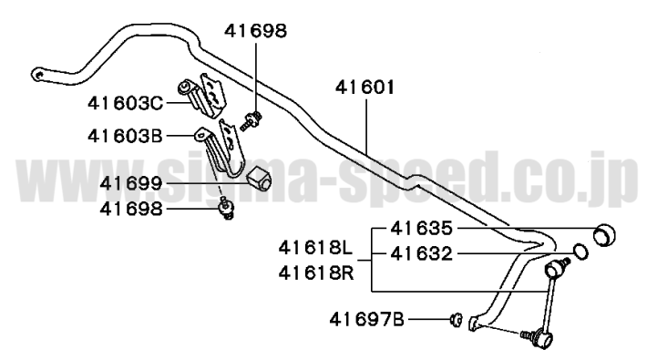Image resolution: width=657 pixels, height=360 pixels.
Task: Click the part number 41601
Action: point(365,87)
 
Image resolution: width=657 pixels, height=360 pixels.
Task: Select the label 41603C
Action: point(125,103)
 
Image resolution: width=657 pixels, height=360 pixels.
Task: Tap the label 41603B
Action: point(125,136)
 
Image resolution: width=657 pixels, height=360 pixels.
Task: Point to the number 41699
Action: point(130,183)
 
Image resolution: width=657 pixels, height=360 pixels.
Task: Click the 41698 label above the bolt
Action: point(255,31)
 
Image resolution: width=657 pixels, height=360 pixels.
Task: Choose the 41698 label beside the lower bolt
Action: point(130,209)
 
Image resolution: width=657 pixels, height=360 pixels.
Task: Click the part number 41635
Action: point(422,229)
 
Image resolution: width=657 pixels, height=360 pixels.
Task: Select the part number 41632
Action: point(422,254)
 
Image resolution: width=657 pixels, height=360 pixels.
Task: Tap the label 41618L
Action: point(316,248)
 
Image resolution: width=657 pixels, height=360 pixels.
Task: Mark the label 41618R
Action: point(316,273)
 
